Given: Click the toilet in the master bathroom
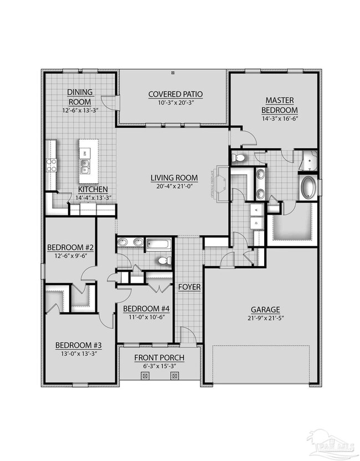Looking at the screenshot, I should click(240, 159).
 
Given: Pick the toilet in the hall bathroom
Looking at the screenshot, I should click(162, 260).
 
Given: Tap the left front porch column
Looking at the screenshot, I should click(146, 376).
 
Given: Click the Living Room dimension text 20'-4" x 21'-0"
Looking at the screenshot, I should click(174, 186).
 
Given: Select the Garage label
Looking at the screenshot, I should click(265, 309).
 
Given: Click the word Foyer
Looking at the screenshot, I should click(189, 287).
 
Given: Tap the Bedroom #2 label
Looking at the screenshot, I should click(70, 247).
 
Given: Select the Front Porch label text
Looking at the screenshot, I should click(160, 358).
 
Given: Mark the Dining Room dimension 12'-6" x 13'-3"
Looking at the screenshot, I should click(80, 110).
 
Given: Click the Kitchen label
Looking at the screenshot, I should click(91, 189).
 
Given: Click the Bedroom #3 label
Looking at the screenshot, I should click(76, 345).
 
